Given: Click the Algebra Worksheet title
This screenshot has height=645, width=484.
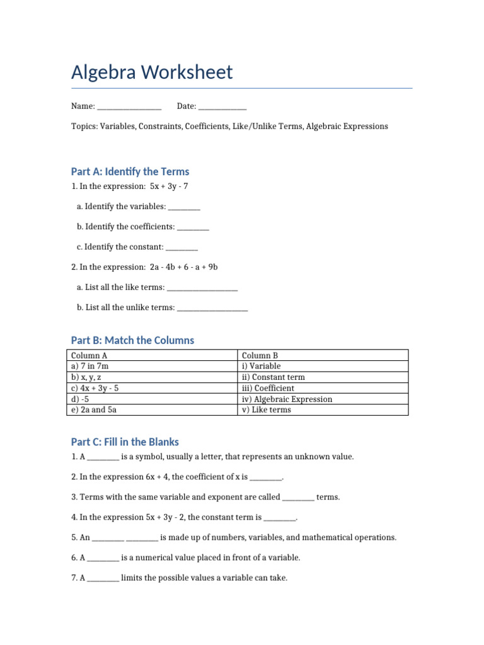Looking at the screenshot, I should pyautogui.click(x=152, y=72).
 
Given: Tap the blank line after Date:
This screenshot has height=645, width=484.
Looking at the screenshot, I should pyautogui.click(x=222, y=107).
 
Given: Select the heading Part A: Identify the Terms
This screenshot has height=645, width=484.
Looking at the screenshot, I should pyautogui.click(x=130, y=171).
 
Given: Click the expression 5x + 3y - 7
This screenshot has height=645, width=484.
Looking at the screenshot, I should pyautogui.click(x=169, y=186).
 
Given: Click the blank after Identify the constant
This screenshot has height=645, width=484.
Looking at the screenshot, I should pyautogui.click(x=182, y=247).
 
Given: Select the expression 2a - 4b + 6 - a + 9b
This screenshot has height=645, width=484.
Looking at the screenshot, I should pyautogui.click(x=183, y=267).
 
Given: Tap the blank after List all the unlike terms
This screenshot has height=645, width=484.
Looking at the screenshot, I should pyautogui.click(x=212, y=307).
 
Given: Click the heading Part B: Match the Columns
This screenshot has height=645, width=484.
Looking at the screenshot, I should pyautogui.click(x=132, y=340).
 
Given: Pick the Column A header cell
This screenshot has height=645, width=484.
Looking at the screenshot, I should pyautogui.click(x=90, y=355).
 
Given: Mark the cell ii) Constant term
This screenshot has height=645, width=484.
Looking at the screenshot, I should pyautogui.click(x=273, y=377).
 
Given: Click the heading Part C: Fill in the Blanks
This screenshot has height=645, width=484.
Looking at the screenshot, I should pyautogui.click(x=125, y=442).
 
